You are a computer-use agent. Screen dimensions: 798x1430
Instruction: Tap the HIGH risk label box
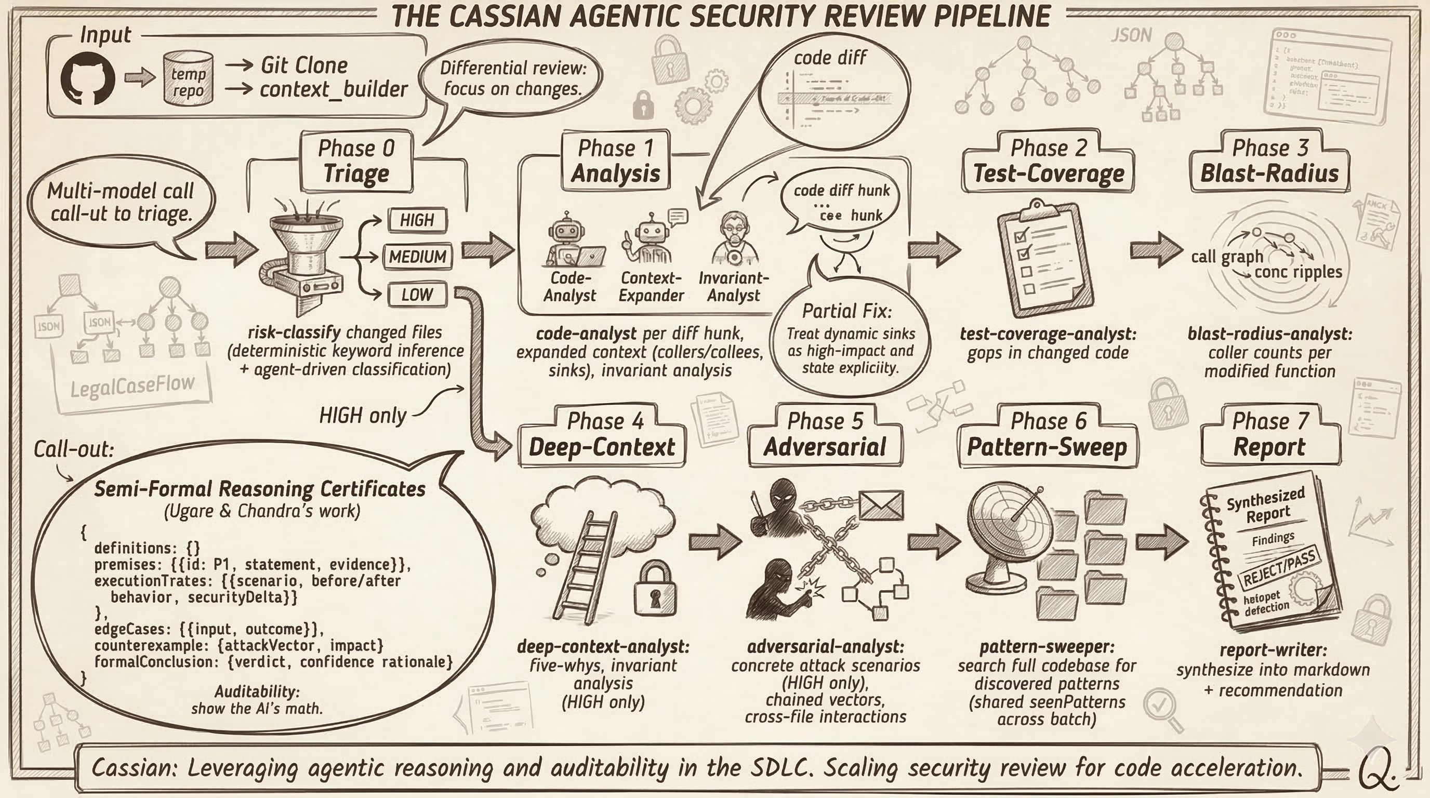(417, 220)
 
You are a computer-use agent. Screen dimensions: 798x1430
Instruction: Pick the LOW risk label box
(417, 295)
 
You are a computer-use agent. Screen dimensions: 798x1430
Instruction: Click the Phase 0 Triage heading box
(356, 162)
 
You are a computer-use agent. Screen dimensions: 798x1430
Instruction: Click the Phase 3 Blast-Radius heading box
(1269, 162)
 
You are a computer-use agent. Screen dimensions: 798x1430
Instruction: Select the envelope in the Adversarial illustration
(880, 505)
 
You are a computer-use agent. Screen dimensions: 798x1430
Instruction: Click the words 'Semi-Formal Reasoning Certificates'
(260, 489)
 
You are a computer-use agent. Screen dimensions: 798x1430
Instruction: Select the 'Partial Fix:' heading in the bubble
(846, 311)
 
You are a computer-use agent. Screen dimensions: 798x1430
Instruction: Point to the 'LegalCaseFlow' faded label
(133, 384)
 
